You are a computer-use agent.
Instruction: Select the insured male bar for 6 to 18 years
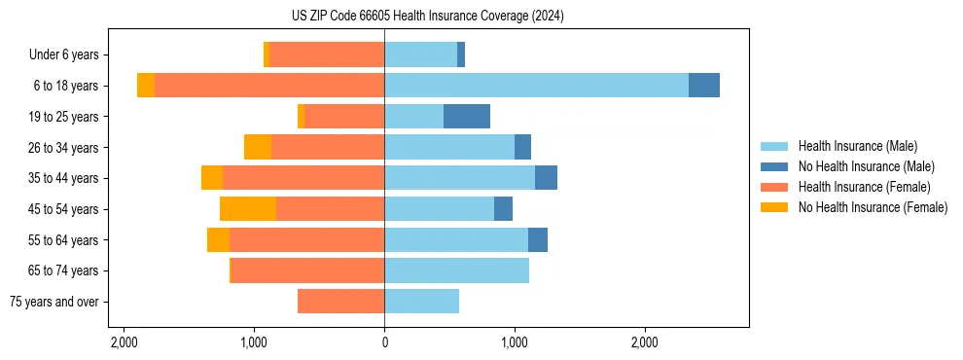536,86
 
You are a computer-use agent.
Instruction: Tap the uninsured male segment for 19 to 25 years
467,117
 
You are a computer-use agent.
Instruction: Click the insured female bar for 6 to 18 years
269,86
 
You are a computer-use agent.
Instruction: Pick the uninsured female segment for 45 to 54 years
248,209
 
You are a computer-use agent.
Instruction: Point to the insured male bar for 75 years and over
421,302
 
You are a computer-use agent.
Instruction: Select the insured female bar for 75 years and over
340,302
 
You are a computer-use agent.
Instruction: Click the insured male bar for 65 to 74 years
456,270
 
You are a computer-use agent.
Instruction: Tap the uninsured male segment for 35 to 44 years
546,178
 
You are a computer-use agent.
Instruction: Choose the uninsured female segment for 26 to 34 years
258,147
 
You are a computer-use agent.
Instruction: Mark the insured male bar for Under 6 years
420,54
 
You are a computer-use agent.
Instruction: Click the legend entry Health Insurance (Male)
856,146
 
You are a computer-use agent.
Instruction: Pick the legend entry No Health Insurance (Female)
873,207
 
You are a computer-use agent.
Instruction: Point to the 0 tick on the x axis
384,342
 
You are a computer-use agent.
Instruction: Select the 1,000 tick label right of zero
515,342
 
